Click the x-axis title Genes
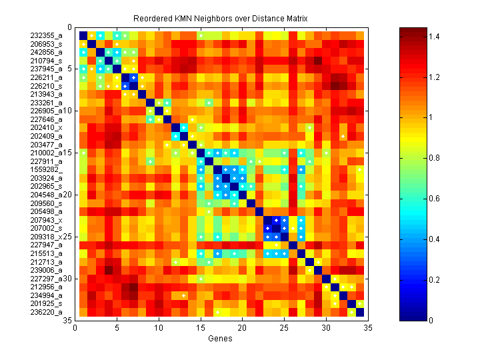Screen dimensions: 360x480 coord(221,339)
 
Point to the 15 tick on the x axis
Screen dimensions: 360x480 coord(201,327)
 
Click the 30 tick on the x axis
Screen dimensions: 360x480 coord(326,327)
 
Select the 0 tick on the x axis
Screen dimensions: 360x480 coord(75,327)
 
